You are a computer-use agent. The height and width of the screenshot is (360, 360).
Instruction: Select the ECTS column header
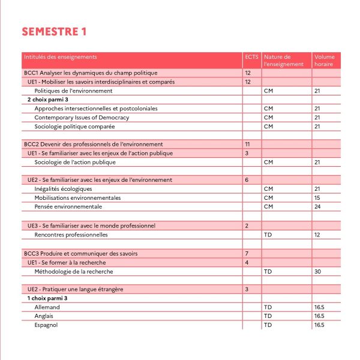point(251,57)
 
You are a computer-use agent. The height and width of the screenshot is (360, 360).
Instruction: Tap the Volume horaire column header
point(324,60)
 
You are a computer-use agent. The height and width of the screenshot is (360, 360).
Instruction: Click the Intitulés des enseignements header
point(60,57)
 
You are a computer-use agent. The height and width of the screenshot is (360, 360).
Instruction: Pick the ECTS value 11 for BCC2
point(248,144)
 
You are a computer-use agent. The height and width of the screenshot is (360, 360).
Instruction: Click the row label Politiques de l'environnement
point(73,91)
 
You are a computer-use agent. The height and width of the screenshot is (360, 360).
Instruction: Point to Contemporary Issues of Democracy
point(82,118)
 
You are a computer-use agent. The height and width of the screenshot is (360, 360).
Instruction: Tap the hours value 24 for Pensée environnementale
point(317,207)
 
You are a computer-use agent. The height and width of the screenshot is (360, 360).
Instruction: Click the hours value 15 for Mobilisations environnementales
point(317,198)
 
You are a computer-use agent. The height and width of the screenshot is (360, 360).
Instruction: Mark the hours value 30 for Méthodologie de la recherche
point(317,271)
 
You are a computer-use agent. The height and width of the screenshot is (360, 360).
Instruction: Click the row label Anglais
point(44,316)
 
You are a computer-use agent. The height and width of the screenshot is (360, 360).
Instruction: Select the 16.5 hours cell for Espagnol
point(319,325)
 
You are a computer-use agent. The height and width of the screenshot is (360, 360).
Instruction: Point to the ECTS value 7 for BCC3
point(247,253)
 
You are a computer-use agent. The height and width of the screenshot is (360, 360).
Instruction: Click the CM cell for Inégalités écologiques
point(268,189)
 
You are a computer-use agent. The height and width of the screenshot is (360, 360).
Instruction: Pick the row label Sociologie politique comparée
point(74,127)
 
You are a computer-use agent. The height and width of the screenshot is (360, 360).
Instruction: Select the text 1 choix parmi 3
point(48,298)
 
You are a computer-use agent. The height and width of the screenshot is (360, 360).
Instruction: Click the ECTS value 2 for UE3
point(247,226)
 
